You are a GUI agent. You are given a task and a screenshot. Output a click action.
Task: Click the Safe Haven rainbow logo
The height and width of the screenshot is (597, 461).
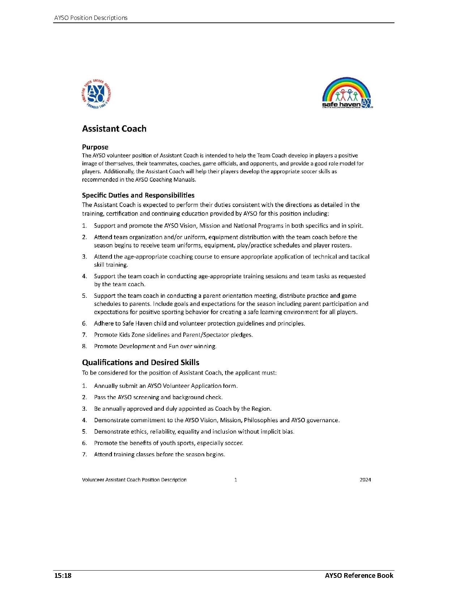[x=347, y=93]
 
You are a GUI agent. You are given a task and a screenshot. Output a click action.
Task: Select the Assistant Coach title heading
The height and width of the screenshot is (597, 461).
[x=114, y=129]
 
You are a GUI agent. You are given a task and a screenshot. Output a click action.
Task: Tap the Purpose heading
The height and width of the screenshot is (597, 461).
[x=95, y=147]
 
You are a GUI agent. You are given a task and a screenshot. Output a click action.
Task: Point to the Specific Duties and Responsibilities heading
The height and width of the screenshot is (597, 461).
[x=138, y=195]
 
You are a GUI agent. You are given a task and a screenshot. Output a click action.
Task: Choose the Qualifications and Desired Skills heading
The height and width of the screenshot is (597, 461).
[x=141, y=363]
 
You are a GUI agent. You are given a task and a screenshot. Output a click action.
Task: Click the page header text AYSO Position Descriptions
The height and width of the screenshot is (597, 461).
[x=91, y=18]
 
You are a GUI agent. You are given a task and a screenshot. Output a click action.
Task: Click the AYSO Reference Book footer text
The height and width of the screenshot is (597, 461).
[x=359, y=575]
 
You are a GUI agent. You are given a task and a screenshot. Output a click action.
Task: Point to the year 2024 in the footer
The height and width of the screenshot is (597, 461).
[x=365, y=480]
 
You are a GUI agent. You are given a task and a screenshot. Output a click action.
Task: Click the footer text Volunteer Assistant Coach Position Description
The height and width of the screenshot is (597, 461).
[x=134, y=480]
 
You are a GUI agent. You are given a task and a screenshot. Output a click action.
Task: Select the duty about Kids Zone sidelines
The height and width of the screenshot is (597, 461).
[x=173, y=335]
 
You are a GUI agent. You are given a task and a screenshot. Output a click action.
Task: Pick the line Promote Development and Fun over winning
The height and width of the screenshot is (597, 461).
[x=155, y=346]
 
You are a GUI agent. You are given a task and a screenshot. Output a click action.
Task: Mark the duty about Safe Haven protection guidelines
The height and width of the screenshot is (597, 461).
[x=199, y=323]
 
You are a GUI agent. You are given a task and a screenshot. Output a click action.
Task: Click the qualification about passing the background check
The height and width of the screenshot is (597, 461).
[x=158, y=397]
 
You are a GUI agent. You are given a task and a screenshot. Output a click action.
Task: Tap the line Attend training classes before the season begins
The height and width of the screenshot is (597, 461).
[x=159, y=454]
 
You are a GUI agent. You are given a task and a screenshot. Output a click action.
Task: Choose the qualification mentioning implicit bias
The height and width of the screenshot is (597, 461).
[x=194, y=432]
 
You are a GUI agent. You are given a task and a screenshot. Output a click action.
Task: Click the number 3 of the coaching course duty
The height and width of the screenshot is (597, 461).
[x=84, y=257]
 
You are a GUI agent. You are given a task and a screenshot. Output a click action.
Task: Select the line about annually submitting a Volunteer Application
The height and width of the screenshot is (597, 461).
[x=166, y=386]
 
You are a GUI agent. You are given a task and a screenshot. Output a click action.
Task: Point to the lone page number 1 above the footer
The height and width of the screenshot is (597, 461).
[x=236, y=480]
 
